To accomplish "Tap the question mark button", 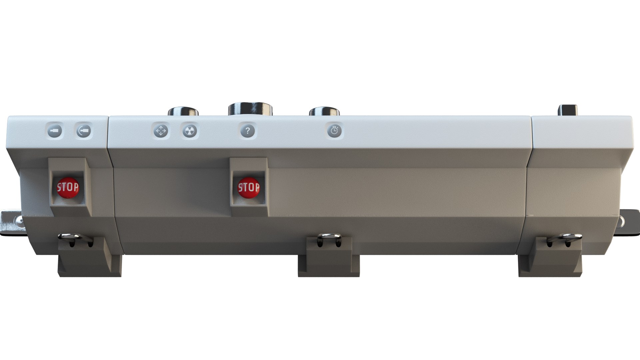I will tap(248, 131).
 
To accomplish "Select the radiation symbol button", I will tap(190, 131).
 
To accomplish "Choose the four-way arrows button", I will tap(161, 131).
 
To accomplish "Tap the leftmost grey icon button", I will tap(54, 131).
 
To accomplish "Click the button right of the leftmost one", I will tap(83, 131).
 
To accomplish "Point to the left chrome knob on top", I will tap(184, 112).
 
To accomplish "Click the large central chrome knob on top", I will tap(250, 109).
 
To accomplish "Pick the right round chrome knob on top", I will tap(325, 111).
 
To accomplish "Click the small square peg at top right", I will tap(568, 110).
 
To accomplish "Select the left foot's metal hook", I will tap(75, 237).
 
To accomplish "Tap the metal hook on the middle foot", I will tap(329, 237).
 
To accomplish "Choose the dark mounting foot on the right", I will tap(550, 263).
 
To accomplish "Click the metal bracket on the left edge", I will tap(12, 221).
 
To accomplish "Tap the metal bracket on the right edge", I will tap(630, 222).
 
